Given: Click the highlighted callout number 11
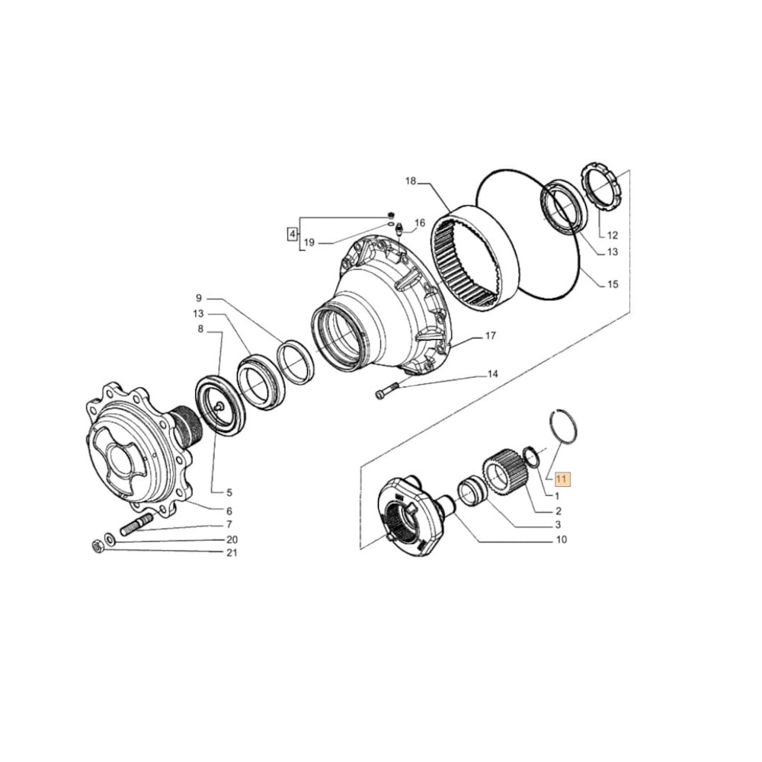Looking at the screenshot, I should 562,479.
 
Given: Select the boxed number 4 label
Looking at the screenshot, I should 291,233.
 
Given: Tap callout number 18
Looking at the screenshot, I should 411,181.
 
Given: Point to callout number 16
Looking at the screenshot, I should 419,223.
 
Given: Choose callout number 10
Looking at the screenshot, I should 561,539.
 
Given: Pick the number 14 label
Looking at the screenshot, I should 492,374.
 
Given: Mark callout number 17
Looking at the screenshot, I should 491,335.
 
